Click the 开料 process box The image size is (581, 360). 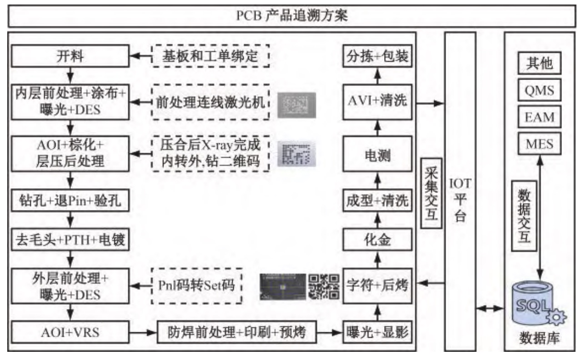(x=70, y=56)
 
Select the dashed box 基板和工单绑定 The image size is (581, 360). (x=210, y=56)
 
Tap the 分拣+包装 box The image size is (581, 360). (x=377, y=56)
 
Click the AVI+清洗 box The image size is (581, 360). (x=377, y=102)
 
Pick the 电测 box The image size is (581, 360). (x=377, y=154)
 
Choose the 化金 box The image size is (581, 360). (x=377, y=240)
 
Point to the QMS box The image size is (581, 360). (x=540, y=90)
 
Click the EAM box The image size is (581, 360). (x=540, y=117)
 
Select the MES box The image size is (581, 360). (x=540, y=144)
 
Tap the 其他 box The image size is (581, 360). (x=540, y=63)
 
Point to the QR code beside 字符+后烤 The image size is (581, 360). (x=324, y=287)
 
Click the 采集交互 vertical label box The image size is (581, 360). (x=431, y=193)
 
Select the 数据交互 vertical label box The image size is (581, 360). (x=524, y=216)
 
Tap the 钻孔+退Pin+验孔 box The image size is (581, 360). (x=70, y=200)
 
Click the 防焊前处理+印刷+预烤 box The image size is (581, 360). (x=236, y=332)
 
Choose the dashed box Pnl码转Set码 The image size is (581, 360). (x=197, y=286)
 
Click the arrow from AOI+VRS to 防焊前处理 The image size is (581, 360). (x=143, y=332)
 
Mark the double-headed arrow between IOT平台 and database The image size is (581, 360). (x=490, y=308)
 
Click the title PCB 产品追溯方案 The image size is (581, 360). (x=292, y=15)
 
